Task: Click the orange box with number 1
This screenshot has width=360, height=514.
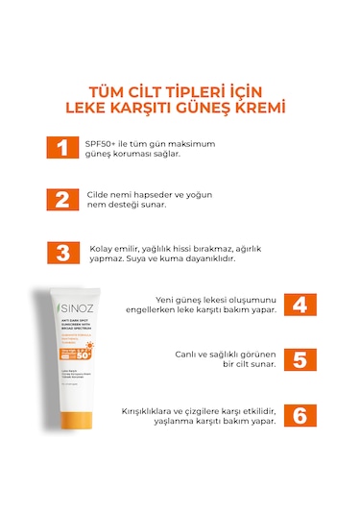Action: [x=61, y=148]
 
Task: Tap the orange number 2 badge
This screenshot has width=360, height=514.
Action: [x=61, y=200]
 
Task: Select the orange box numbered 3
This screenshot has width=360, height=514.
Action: [x=61, y=252]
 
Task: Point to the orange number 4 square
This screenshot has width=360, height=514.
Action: [x=300, y=305]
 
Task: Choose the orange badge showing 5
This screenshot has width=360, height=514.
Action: [x=300, y=359]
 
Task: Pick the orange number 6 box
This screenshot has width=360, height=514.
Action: [x=300, y=414]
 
